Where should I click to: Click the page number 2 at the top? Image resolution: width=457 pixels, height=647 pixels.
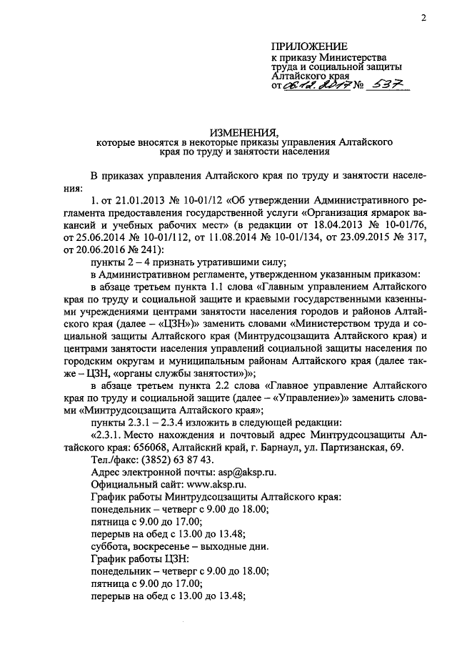coord(423,19)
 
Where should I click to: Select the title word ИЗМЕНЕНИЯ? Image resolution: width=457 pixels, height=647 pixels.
coord(228,132)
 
